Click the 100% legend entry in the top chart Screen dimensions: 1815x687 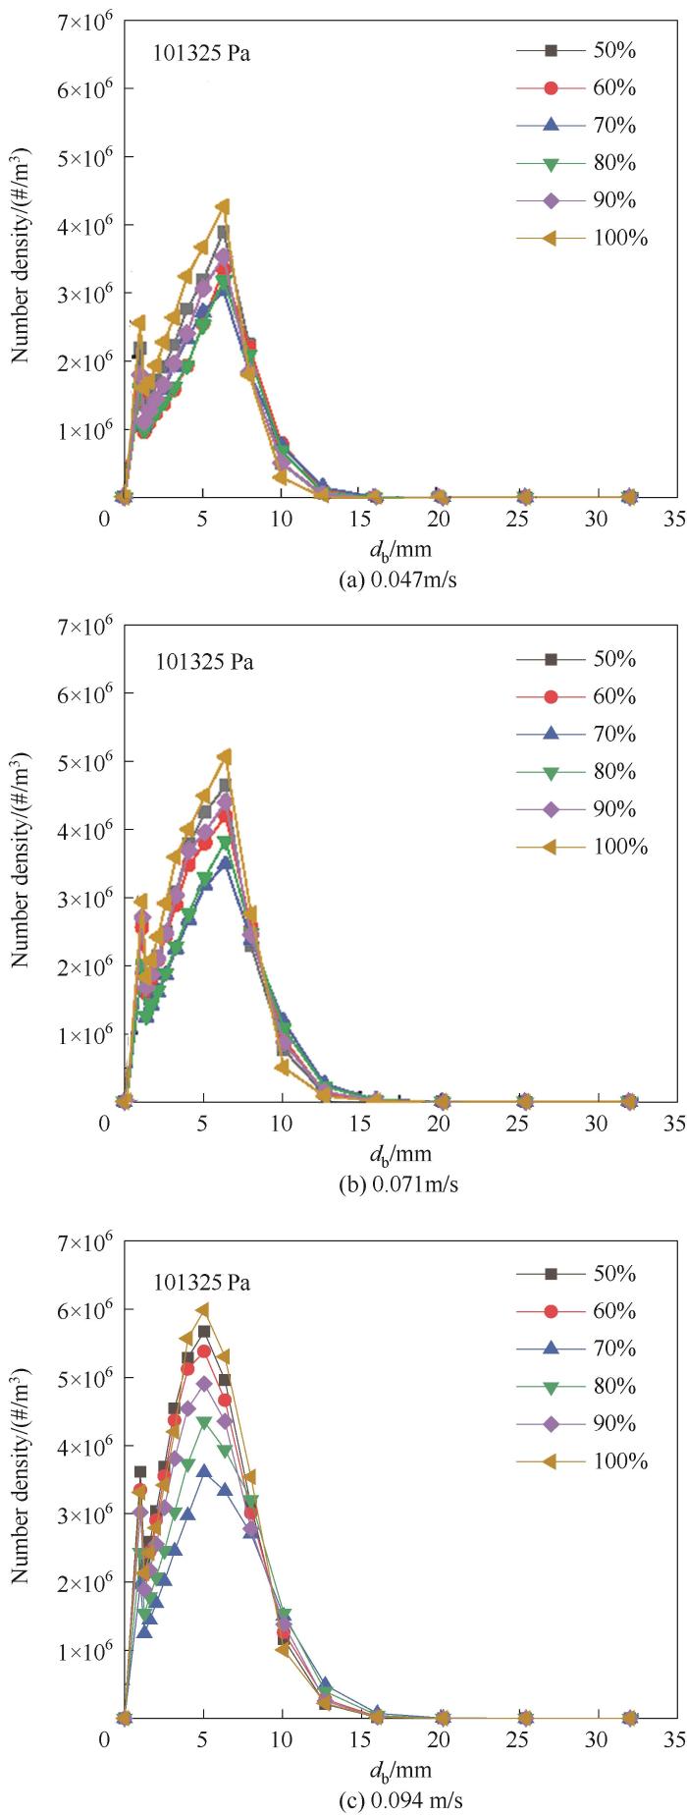583,238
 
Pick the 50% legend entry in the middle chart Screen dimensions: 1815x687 583,659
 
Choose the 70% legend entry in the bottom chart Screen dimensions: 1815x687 583,1348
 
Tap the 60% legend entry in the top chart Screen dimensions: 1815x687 583,88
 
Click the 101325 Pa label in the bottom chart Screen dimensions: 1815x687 201,1284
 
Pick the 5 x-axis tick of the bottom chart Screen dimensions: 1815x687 202,1739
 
